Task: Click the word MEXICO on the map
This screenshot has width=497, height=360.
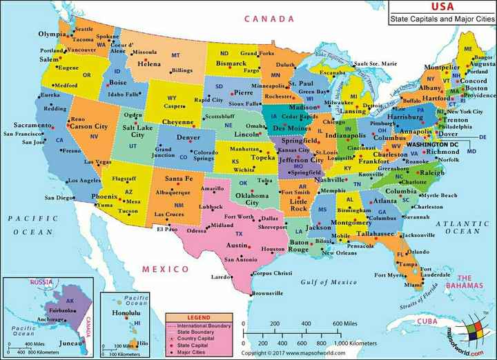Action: click(166, 268)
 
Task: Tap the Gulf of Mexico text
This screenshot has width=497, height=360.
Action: click(329, 281)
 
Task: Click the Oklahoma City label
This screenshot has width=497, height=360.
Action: click(252, 198)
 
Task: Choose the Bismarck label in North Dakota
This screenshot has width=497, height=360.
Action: click(232, 63)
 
